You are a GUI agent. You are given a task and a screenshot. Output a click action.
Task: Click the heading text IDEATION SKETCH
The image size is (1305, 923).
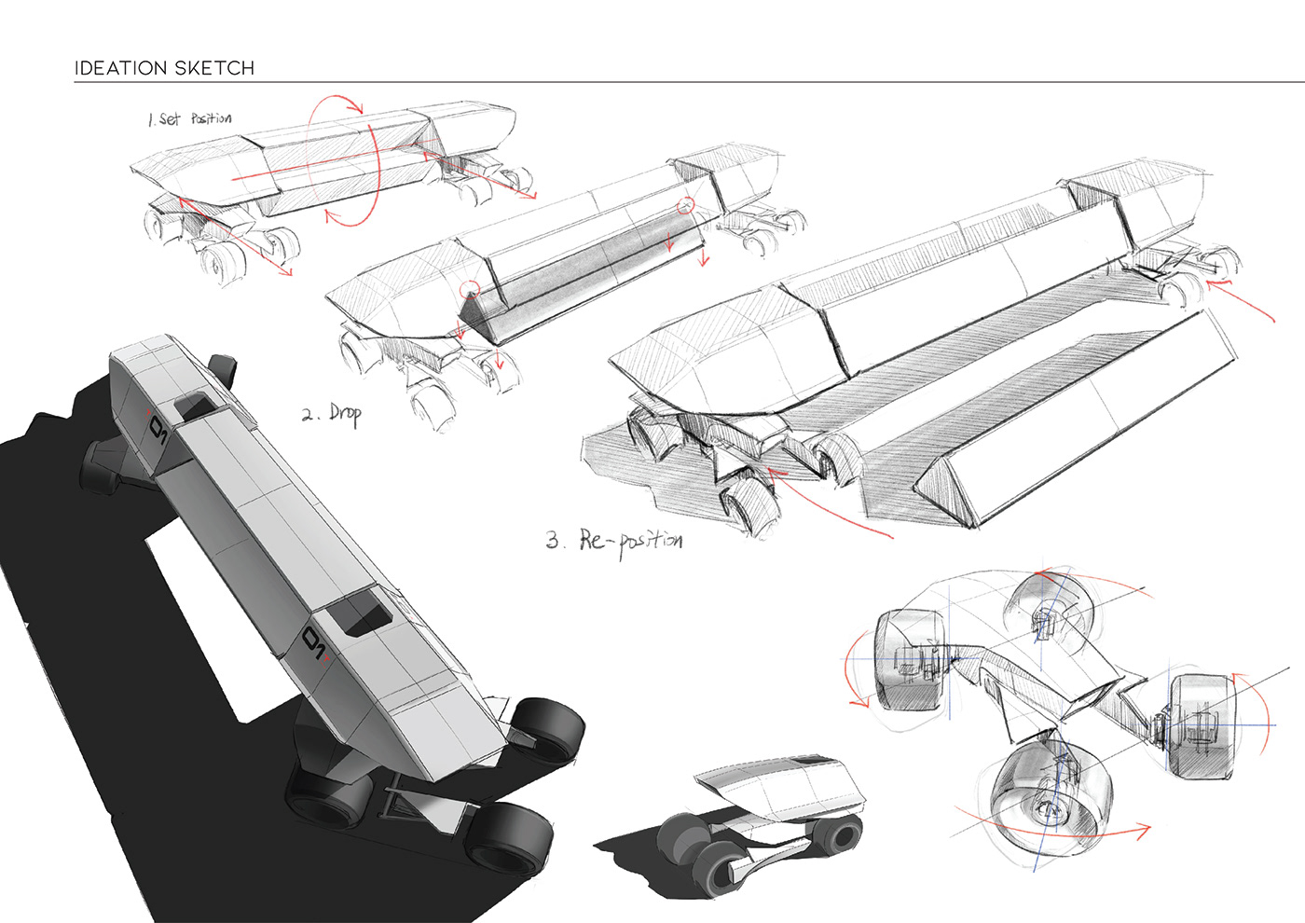(x=164, y=68)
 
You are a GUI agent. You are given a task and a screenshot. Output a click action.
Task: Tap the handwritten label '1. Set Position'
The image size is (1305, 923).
(x=190, y=118)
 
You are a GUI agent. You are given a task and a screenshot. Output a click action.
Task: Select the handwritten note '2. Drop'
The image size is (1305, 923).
(x=332, y=413)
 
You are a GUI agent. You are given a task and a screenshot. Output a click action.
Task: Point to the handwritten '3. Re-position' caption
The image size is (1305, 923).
(x=614, y=540)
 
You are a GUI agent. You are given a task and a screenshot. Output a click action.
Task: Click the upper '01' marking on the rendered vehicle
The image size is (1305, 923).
(x=156, y=431)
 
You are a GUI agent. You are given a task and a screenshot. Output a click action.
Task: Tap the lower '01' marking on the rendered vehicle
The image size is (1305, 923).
(x=314, y=644)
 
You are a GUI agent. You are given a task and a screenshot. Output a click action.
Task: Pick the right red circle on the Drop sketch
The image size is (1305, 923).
(x=686, y=205)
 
